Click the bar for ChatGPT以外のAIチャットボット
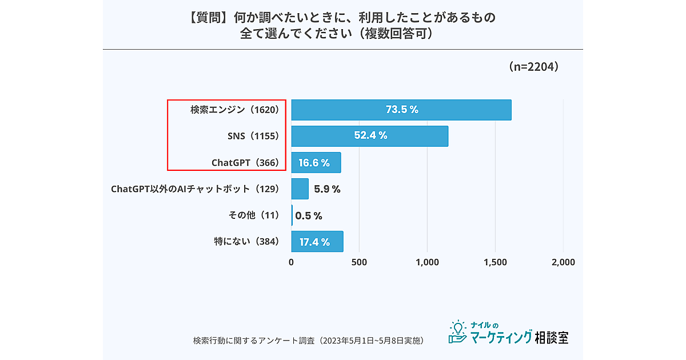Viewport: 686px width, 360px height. pos(300,189)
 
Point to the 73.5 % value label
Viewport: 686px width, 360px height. pos(402,110)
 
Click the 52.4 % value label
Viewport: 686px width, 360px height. pos(370,136)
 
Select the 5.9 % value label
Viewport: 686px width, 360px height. pos(327,189)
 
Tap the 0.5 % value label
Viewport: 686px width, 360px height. pos(309,215)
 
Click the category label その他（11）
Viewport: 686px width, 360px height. pos(253,215)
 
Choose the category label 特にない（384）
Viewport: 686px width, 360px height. pos(246,242)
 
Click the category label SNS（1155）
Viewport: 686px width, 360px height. pos(252,136)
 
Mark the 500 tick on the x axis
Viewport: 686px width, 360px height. pos(359,263)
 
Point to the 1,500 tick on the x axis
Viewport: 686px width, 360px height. pos(495,263)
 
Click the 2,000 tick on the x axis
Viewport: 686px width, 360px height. pos(563,263)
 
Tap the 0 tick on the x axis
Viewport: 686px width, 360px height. pos(291,263)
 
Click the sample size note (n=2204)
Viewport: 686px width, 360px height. pos(533,67)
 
